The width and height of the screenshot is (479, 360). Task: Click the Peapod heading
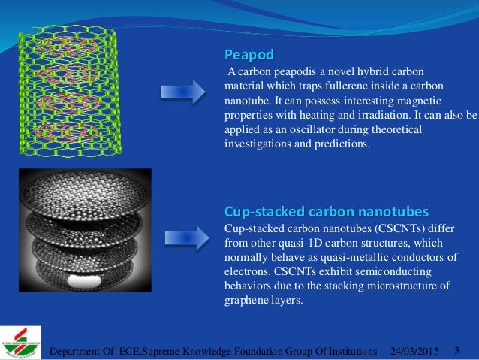pyautogui.click(x=250, y=55)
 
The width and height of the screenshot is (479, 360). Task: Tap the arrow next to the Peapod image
pyautogui.click(x=183, y=92)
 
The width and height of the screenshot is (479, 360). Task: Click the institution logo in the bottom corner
pyautogui.click(x=23, y=342)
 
